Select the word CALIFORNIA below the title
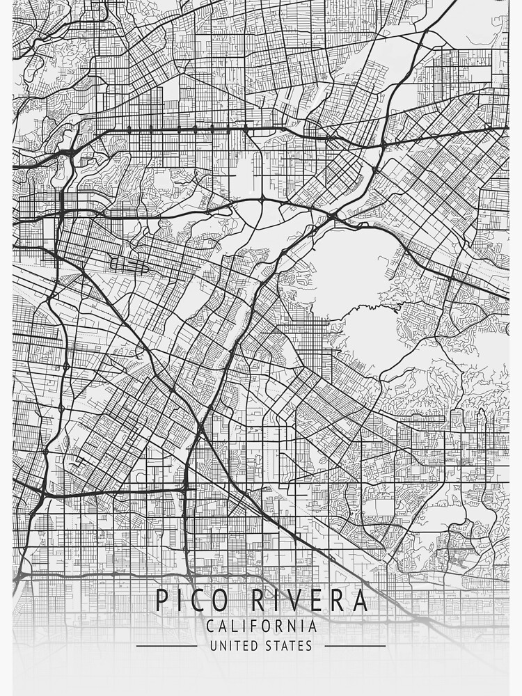[x=261, y=626]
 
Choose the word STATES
[x=288, y=646]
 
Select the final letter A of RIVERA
[x=359, y=600]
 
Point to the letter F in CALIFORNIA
[x=256, y=626]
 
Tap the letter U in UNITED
[x=214, y=646]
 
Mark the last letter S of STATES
[x=308, y=646]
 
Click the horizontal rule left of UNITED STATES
[x=166, y=646]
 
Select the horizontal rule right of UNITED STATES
[x=355, y=646]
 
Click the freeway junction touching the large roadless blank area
[x=332, y=218]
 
